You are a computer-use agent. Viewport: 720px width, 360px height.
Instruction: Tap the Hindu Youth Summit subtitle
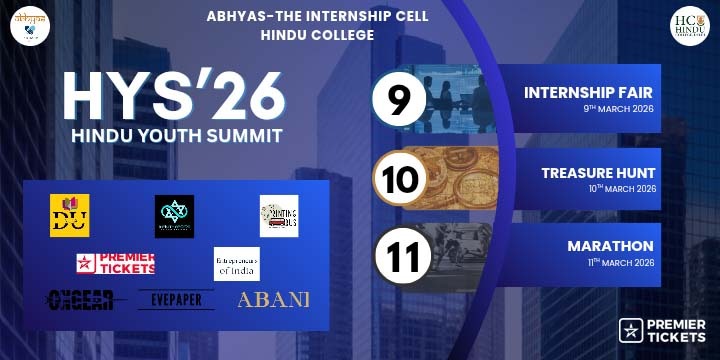tap(176, 134)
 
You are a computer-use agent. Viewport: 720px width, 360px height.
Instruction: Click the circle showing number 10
tap(401, 180)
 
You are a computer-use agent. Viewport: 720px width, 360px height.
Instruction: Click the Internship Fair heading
tap(588, 93)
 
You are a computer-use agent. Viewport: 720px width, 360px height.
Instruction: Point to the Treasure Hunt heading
tap(597, 173)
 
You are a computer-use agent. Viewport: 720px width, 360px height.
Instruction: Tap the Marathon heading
tap(610, 246)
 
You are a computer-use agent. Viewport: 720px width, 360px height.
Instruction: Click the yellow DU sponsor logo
tap(70, 216)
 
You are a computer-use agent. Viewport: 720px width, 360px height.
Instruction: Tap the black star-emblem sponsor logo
tap(174, 216)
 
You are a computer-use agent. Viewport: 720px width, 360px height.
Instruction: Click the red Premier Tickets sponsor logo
tap(116, 264)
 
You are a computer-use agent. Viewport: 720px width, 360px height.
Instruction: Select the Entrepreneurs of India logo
tap(237, 264)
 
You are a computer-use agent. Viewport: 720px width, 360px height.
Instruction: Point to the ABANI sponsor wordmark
tap(273, 299)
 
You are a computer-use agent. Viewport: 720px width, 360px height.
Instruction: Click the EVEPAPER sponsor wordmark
tap(176, 299)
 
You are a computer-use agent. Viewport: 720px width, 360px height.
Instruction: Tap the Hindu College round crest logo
tap(689, 25)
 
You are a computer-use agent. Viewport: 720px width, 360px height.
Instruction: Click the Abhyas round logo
tap(30, 24)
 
